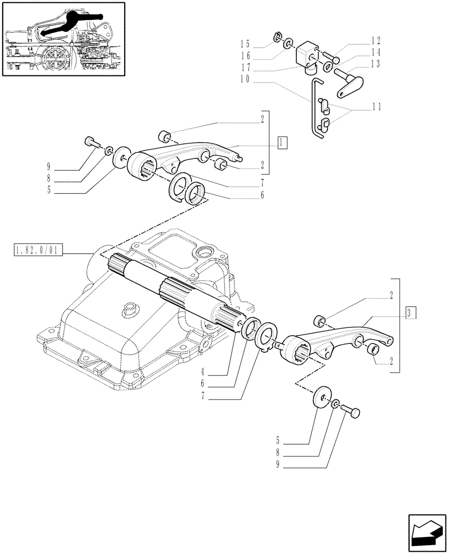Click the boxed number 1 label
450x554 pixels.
(x=283, y=141)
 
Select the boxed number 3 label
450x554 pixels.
(x=408, y=312)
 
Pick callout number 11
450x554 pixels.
(x=376, y=106)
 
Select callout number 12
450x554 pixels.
(x=376, y=40)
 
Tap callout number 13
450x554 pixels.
(x=376, y=64)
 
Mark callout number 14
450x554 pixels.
(x=376, y=52)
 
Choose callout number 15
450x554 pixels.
(x=245, y=43)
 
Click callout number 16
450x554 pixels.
(x=245, y=55)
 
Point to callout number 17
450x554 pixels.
(x=245, y=68)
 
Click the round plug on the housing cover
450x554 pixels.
(x=131, y=307)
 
